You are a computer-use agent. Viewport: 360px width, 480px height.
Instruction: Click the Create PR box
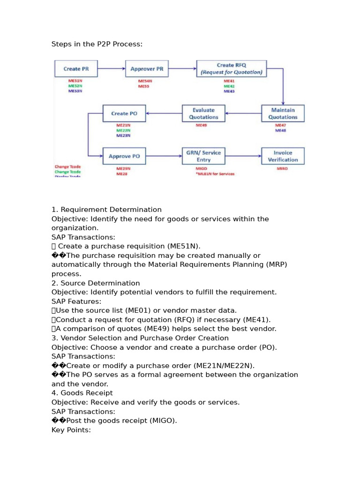tap(75, 69)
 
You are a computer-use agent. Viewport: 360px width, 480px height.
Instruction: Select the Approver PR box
tap(147, 69)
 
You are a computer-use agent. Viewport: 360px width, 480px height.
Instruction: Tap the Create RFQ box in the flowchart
tap(231, 69)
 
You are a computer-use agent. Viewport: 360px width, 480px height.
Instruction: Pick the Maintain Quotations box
tap(283, 113)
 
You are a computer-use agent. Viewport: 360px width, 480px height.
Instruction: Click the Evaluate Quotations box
tap(203, 113)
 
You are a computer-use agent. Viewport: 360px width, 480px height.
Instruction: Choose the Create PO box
tap(123, 113)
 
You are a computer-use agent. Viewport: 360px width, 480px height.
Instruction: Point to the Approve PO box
tap(124, 156)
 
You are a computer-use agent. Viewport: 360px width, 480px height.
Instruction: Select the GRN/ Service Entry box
tap(203, 156)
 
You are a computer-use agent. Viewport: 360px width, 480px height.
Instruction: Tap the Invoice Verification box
tap(283, 156)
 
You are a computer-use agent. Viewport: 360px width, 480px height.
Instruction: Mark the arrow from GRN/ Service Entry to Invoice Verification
tap(243, 156)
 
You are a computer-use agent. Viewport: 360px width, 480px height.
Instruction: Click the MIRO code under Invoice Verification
tap(282, 168)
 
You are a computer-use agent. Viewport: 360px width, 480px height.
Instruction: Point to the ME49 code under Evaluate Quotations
tap(202, 126)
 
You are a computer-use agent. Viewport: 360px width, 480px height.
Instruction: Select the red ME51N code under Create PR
tap(75, 81)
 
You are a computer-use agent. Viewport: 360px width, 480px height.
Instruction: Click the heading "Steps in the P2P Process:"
tap(97, 44)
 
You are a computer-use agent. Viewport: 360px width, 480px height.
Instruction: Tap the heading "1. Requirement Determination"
tap(106, 210)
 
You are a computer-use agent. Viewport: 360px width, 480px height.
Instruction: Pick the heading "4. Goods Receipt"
tap(82, 393)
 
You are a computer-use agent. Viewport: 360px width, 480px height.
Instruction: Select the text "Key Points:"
tap(71, 429)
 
